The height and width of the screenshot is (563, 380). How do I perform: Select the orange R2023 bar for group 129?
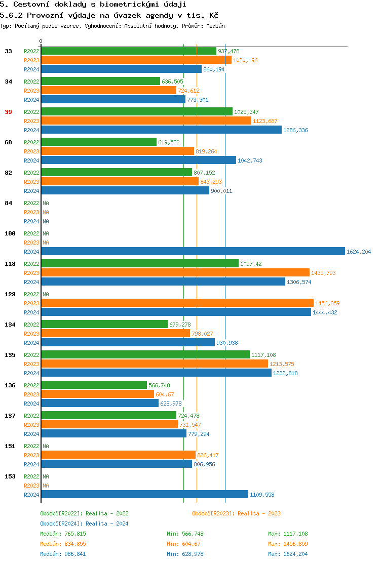click(177, 303)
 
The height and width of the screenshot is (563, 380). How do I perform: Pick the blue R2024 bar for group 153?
click(144, 495)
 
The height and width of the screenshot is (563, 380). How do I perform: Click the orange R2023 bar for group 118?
click(175, 273)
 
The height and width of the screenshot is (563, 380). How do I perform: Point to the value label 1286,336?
click(295, 130)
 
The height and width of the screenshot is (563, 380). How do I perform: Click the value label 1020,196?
click(245, 60)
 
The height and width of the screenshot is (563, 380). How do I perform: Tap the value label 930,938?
click(227, 343)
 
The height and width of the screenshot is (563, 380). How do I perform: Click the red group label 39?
click(8, 112)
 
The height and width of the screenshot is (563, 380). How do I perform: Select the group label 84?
click(8, 203)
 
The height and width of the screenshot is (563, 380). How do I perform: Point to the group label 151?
click(10, 446)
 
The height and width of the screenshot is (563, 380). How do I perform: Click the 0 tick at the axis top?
click(41, 41)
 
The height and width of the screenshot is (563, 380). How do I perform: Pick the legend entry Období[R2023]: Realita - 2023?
click(236, 513)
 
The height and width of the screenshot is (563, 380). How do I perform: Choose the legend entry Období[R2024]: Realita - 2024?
click(84, 524)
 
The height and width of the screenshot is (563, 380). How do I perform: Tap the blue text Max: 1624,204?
click(288, 554)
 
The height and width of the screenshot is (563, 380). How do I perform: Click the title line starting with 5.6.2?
click(109, 15)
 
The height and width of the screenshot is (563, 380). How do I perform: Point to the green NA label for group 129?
click(46, 294)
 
